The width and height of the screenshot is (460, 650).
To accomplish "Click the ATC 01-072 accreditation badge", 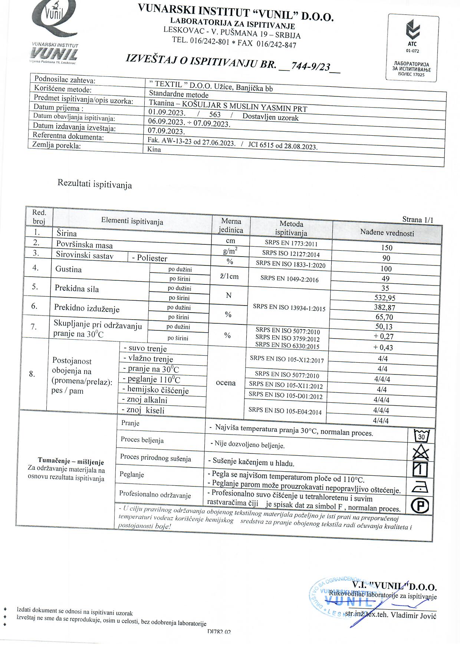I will click(413, 47).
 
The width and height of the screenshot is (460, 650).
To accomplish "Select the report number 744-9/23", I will click(310, 66).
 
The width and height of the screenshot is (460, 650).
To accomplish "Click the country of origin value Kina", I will click(154, 149).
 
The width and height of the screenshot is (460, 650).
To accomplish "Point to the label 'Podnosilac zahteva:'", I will click(65, 80).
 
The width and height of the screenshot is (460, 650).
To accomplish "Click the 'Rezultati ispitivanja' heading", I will click(95, 184).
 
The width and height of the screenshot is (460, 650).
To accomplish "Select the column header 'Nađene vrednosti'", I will click(387, 233).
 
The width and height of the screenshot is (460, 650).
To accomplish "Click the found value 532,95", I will click(385, 298).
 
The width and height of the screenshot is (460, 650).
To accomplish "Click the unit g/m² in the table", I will click(230, 251).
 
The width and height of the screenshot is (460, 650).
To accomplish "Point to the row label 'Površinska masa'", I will click(84, 245).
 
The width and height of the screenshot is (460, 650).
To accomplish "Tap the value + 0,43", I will click(383, 347).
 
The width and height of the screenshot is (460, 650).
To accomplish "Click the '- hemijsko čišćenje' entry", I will click(156, 390).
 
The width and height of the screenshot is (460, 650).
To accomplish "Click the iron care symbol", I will click(420, 487).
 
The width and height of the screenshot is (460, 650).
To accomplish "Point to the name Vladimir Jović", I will click(414, 616).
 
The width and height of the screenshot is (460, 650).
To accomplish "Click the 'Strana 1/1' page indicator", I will click(418, 220).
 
